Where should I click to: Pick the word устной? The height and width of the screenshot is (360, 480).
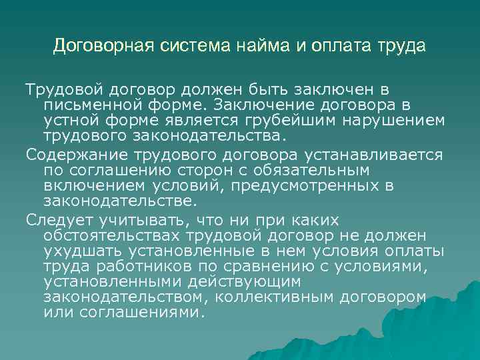tap(70, 120)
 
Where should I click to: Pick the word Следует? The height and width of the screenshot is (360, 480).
tap(57, 220)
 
